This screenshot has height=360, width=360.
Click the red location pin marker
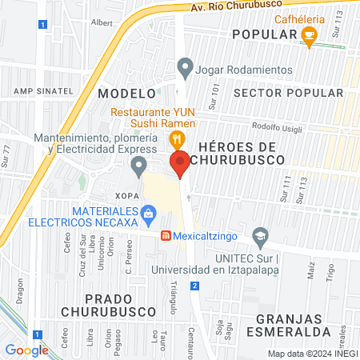tap(181, 162)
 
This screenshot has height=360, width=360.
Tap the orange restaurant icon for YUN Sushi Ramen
tap(174, 140)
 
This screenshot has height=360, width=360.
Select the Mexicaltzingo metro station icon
tap(166, 237)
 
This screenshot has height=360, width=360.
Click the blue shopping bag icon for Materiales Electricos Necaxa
tap(148, 213)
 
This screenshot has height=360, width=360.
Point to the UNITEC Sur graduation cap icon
tap(259, 237)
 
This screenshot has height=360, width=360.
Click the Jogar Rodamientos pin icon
tap(186, 68)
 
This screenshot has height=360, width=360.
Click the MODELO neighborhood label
tap(125, 94)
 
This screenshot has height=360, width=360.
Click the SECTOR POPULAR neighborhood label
tap(289, 94)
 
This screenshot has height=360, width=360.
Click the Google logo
tap(26, 350)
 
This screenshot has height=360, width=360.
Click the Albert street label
tap(102, 23)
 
